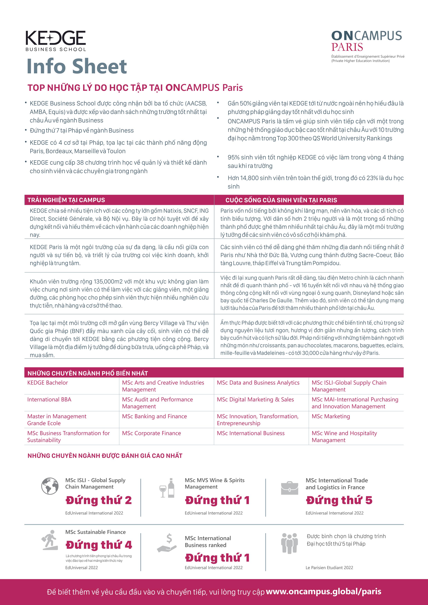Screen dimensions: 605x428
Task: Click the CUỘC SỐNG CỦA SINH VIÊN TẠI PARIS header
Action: (x=281, y=200)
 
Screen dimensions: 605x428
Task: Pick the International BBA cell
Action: (x=49, y=399)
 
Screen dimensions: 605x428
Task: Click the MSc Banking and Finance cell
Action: (x=154, y=416)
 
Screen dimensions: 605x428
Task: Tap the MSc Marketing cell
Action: (x=331, y=416)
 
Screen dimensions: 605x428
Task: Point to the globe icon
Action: (x=50, y=486)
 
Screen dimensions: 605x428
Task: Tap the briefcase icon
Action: (x=289, y=488)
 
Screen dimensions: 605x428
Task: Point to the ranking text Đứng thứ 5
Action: (x=339, y=500)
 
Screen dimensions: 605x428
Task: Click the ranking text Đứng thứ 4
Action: (x=99, y=545)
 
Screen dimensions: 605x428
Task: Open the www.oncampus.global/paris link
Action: (x=323, y=592)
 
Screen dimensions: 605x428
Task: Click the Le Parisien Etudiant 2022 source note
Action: (x=329, y=568)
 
